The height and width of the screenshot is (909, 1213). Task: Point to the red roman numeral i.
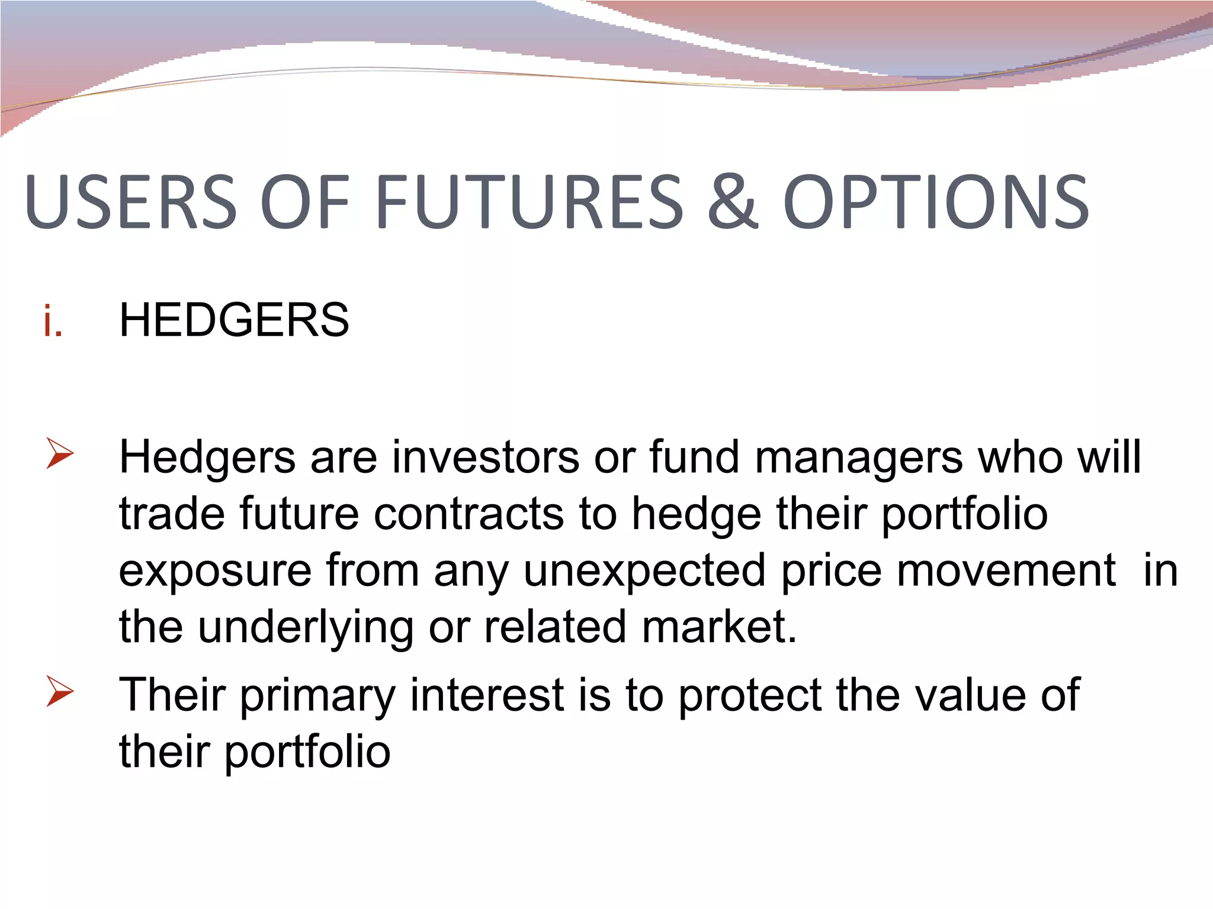pos(53,321)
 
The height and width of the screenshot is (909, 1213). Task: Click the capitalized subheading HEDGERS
pos(234,321)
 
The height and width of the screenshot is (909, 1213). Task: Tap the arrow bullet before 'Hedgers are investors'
pos(59,454)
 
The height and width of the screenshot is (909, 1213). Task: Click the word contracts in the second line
pos(468,514)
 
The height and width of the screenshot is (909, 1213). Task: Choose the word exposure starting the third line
pos(215,571)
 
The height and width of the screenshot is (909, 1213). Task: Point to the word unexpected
pos(644,571)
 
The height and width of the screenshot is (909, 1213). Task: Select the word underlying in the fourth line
pos(305,627)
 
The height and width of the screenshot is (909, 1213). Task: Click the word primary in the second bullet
pos(317,696)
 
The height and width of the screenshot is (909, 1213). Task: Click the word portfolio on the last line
pos(307,752)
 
